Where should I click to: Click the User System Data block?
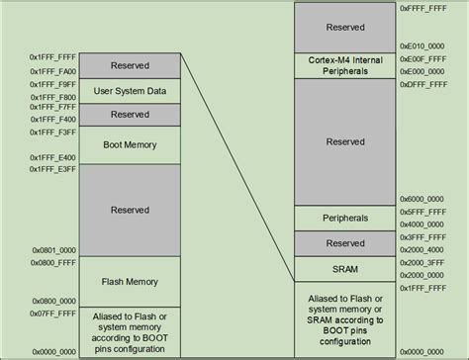coord(131,91)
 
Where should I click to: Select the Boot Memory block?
coord(131,143)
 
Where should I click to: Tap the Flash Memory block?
coord(131,280)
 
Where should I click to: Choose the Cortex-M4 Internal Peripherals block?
coord(345,66)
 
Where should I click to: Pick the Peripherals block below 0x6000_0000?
coord(345,218)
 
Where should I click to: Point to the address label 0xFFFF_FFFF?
coord(424,8)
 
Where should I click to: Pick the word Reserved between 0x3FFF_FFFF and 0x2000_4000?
coord(345,242)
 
